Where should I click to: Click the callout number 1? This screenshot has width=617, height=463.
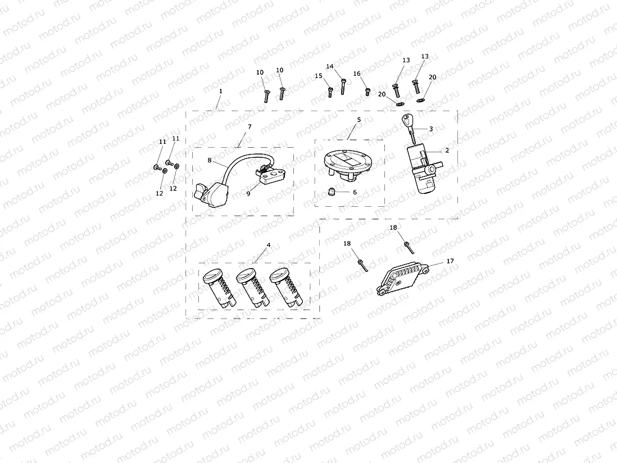(221, 90)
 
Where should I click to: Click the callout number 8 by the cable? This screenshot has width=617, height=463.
(210, 160)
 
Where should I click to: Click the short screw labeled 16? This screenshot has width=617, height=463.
(368, 92)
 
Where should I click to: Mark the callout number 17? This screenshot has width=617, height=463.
(450, 261)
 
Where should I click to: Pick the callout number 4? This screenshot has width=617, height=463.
(269, 245)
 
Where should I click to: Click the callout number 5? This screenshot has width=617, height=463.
(359, 119)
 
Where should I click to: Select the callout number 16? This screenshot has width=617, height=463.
(357, 74)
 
